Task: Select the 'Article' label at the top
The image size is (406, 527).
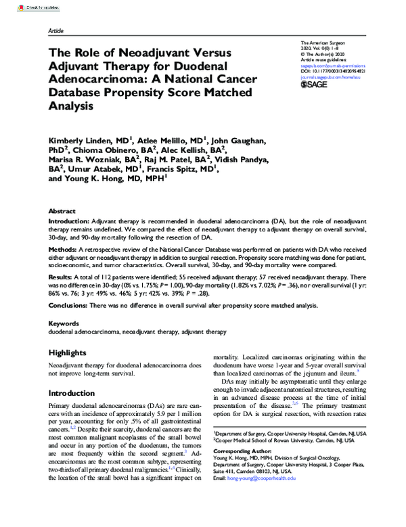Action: tap(57, 32)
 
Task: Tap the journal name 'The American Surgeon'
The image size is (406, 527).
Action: tap(319, 43)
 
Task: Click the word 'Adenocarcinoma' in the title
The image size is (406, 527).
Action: tap(98, 80)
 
